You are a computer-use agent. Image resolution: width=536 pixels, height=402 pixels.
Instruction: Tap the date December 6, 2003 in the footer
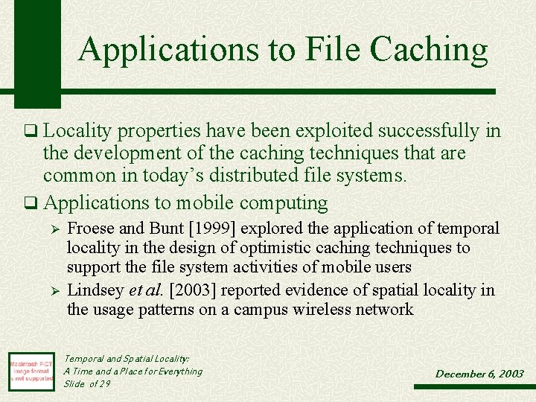click(479, 374)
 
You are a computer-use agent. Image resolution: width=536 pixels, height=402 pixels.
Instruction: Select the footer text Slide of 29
click(86, 383)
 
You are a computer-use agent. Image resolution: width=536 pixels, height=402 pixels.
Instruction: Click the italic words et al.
click(146, 290)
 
